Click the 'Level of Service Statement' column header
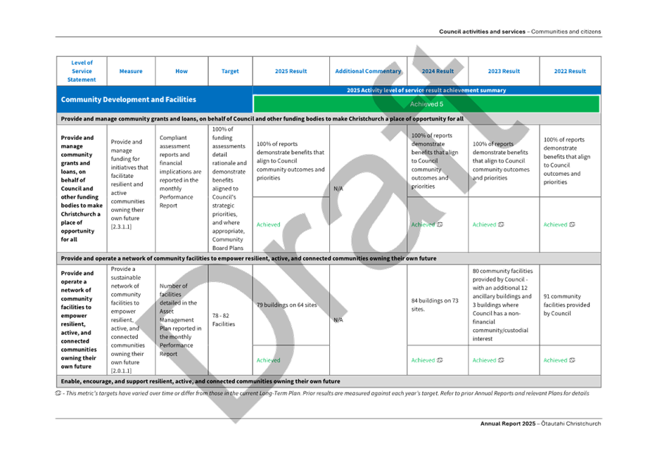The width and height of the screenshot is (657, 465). [82, 71]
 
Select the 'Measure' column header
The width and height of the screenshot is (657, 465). [132, 71]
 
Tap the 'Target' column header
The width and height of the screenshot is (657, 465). [229, 71]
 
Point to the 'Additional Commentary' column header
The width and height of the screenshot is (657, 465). [368, 71]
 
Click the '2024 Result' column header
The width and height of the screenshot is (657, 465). [438, 71]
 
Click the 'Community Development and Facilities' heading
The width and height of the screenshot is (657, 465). [129, 100]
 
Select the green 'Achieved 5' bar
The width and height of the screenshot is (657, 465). [426, 104]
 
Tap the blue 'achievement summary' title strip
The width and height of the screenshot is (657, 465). [426, 90]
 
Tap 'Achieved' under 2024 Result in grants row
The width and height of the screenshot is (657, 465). [426, 224]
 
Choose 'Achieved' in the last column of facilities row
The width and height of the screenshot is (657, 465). [559, 360]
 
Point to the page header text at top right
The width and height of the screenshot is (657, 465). [520, 32]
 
